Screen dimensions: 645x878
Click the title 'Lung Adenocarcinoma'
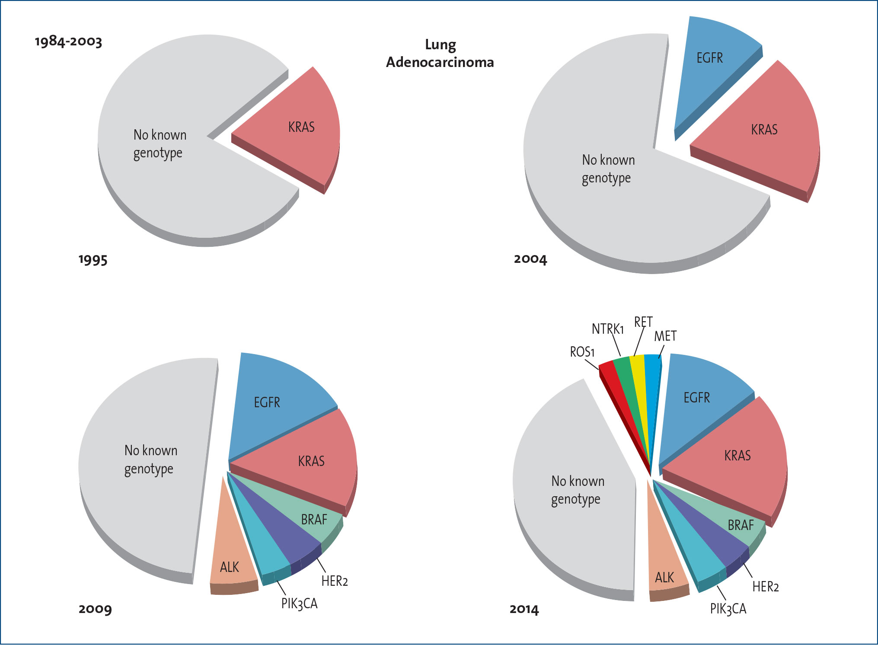[440, 54]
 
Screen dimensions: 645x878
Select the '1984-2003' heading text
[68, 42]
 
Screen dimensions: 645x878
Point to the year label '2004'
[530, 259]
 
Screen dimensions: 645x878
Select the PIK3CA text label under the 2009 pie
[299, 603]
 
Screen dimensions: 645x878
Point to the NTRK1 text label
[607, 329]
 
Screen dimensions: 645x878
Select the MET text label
[665, 336]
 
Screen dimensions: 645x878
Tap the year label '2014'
[524, 610]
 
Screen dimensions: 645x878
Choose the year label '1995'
[93, 260]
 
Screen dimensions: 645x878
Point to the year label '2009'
[95, 609]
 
